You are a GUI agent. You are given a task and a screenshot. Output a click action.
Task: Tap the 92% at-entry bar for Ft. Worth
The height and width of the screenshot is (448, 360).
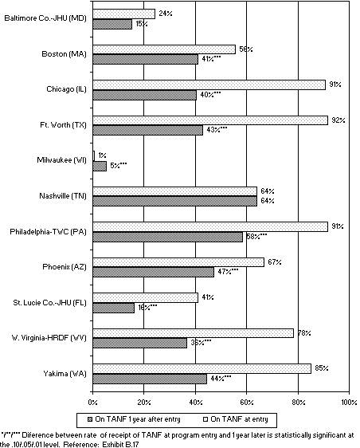(210, 120)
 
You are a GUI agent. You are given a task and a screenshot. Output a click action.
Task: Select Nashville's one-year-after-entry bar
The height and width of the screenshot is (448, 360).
(175, 200)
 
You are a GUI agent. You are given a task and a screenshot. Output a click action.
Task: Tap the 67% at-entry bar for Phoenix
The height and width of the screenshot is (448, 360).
(178, 261)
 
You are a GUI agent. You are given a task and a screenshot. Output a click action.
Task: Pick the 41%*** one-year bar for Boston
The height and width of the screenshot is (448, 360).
(145, 59)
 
